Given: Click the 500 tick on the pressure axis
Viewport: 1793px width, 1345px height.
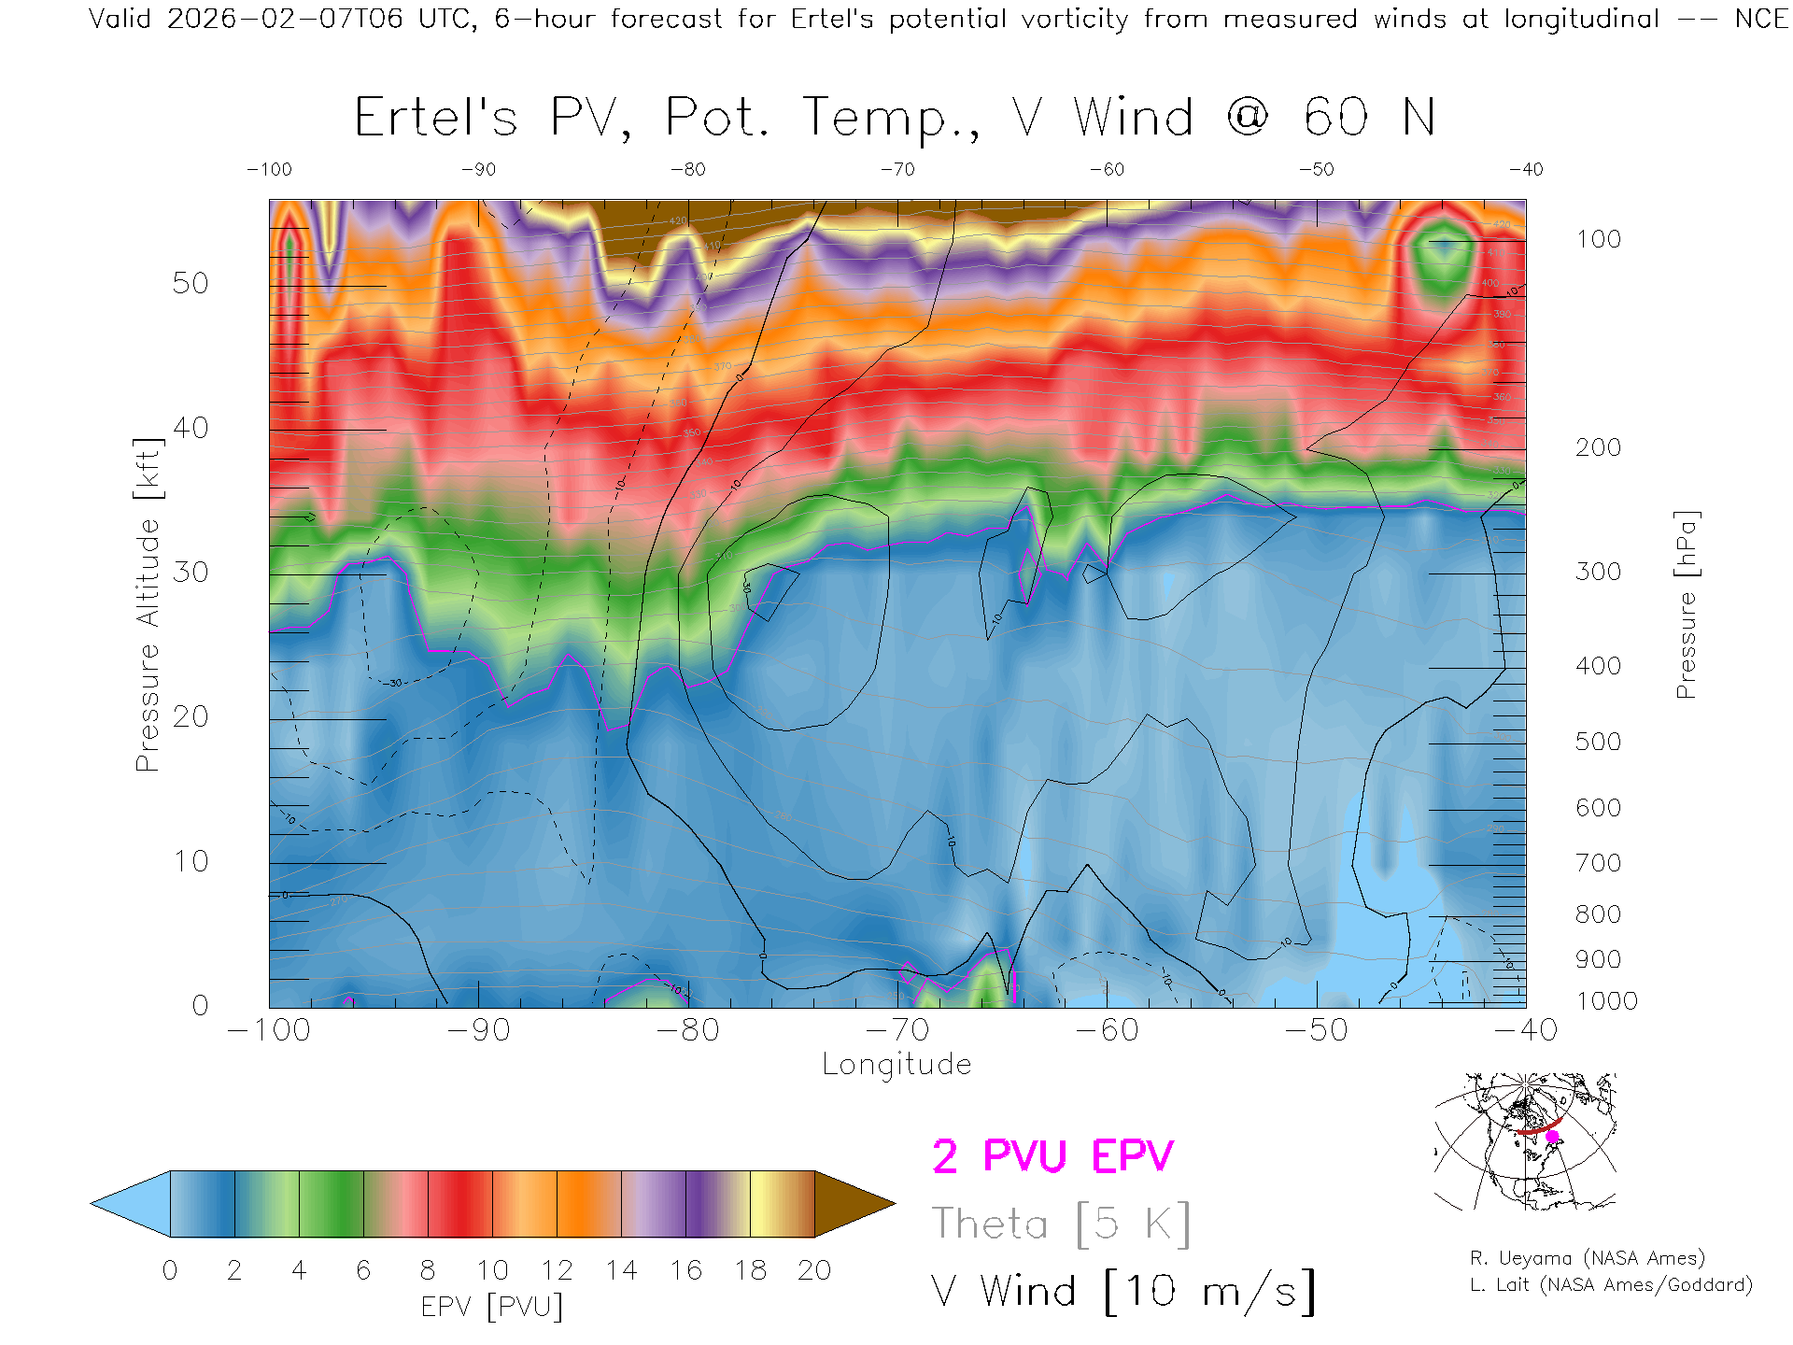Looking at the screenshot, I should pyautogui.click(x=1598, y=742).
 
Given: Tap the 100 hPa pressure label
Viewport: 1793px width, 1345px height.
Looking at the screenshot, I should pyautogui.click(x=1598, y=239).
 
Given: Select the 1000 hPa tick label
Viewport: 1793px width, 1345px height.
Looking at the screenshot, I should pyautogui.click(x=1606, y=1001).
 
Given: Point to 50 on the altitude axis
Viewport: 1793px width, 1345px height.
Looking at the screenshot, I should pyautogui.click(x=191, y=283).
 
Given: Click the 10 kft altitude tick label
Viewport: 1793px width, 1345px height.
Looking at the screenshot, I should pyautogui.click(x=191, y=861).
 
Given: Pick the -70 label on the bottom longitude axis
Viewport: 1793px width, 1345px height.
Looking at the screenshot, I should pyautogui.click(x=897, y=1030).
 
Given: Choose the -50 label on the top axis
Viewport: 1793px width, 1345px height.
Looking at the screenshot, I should pyautogui.click(x=1317, y=170).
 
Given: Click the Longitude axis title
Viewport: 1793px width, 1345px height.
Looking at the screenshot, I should pyautogui.click(x=896, y=1065).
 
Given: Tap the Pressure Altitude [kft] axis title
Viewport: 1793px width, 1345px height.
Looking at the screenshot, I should pyautogui.click(x=148, y=604).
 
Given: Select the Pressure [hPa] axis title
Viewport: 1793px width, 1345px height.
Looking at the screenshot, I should pyautogui.click(x=1686, y=604).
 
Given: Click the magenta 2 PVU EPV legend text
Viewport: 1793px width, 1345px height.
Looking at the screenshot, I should pyautogui.click(x=1052, y=1156).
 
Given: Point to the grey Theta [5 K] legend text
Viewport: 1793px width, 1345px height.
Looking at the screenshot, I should pyautogui.click(x=1061, y=1224).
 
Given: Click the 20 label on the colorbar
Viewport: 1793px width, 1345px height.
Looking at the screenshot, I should pyautogui.click(x=814, y=1270).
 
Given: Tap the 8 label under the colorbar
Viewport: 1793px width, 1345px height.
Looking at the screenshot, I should pyautogui.click(x=428, y=1270).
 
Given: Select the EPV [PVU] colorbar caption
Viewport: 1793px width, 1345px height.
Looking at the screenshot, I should pyautogui.click(x=492, y=1307).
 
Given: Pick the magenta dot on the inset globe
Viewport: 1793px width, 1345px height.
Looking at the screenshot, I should pyautogui.click(x=1552, y=1137).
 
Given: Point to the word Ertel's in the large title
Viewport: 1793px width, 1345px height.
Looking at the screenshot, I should pyautogui.click(x=435, y=119).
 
